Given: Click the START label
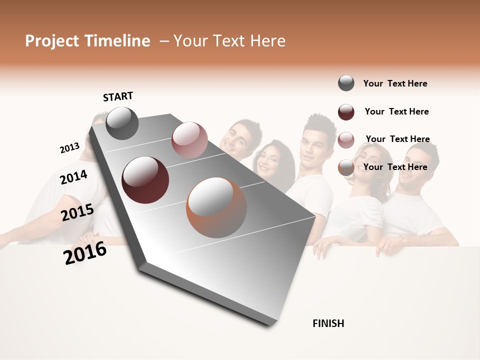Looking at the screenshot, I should click(x=118, y=96).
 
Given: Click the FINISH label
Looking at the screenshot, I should click(x=328, y=323).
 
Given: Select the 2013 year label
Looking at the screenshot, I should click(x=69, y=148).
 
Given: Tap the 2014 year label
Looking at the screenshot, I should click(x=73, y=177).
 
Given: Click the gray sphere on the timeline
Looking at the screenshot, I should click(x=122, y=123).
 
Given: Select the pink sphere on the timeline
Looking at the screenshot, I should click(x=189, y=140).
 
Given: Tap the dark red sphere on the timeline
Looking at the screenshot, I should click(x=145, y=179).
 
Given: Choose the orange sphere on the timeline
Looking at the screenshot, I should click(x=216, y=207).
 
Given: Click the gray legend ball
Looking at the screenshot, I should click(x=346, y=83).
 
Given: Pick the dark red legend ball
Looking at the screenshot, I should click(x=346, y=112).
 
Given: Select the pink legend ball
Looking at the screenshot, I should click(x=346, y=139).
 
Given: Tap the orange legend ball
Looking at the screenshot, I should click(x=346, y=167).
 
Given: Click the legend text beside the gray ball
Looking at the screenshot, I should click(x=395, y=83).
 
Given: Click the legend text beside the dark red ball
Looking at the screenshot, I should click(x=396, y=111).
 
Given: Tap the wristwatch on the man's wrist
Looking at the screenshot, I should click(x=402, y=240).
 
